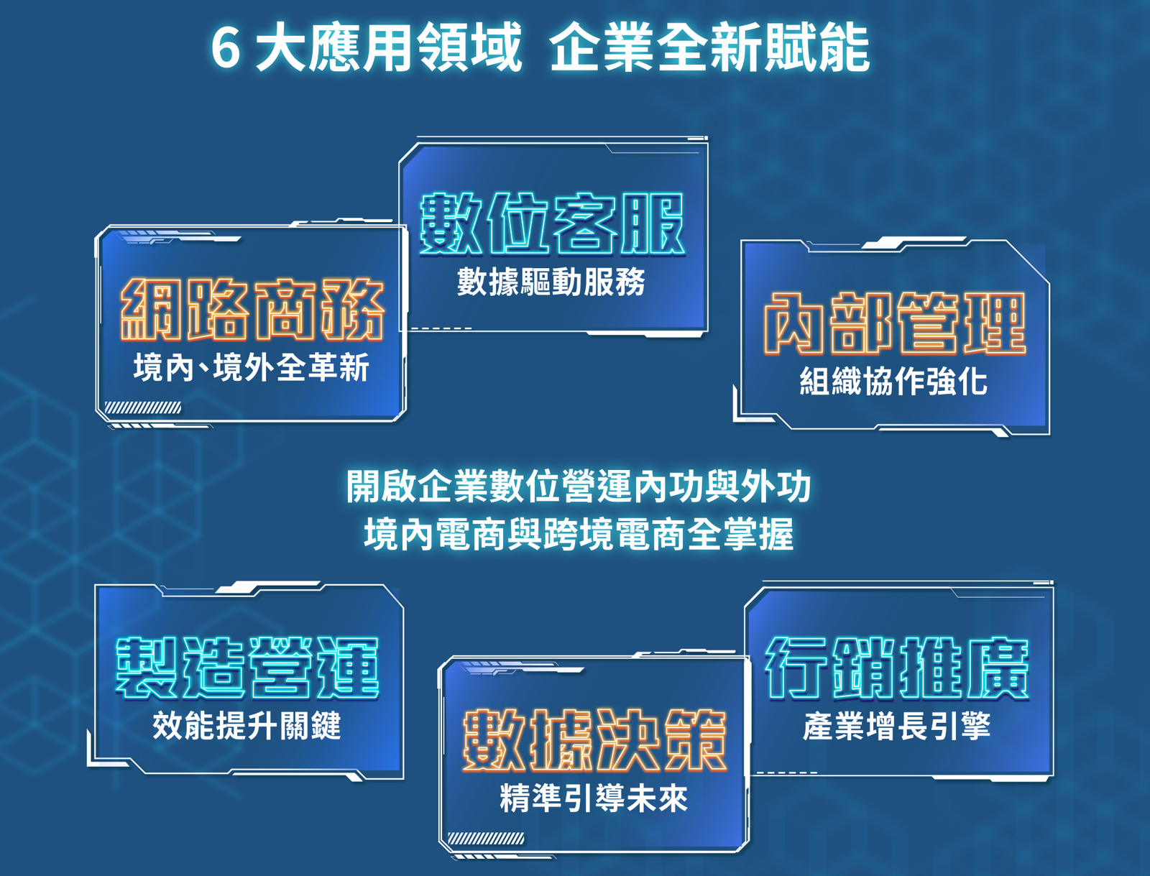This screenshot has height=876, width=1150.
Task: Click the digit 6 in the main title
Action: coord(226,48)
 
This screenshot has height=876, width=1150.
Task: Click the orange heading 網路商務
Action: coord(252,310)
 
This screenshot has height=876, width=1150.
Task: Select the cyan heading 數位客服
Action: coord(552,223)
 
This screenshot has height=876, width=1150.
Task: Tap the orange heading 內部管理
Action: coord(895,323)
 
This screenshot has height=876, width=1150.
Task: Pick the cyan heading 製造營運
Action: coord(247,668)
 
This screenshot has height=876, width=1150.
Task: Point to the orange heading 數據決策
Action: coord(594,740)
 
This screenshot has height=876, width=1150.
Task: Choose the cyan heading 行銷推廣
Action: coord(897,668)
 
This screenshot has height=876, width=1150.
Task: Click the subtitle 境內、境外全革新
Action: coord(252,366)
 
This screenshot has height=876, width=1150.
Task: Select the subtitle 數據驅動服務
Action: coord(551,282)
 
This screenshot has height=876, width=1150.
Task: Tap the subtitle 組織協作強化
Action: coord(894,381)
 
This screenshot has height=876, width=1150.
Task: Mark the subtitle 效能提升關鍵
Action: coord(247,726)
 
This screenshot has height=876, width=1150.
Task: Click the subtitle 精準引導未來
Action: coord(594,798)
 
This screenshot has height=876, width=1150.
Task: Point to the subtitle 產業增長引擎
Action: coord(896,726)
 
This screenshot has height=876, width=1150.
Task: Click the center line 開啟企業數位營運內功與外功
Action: coord(579,487)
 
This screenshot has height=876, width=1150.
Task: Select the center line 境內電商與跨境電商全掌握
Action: coord(579,534)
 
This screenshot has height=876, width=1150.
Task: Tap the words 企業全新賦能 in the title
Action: coord(710,47)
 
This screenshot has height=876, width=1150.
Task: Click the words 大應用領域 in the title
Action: coord(389,47)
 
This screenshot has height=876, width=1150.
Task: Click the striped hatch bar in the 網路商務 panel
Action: coord(143,408)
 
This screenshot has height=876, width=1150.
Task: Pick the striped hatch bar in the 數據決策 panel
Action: coord(486,839)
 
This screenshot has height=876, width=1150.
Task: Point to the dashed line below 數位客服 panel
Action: coord(441,329)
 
